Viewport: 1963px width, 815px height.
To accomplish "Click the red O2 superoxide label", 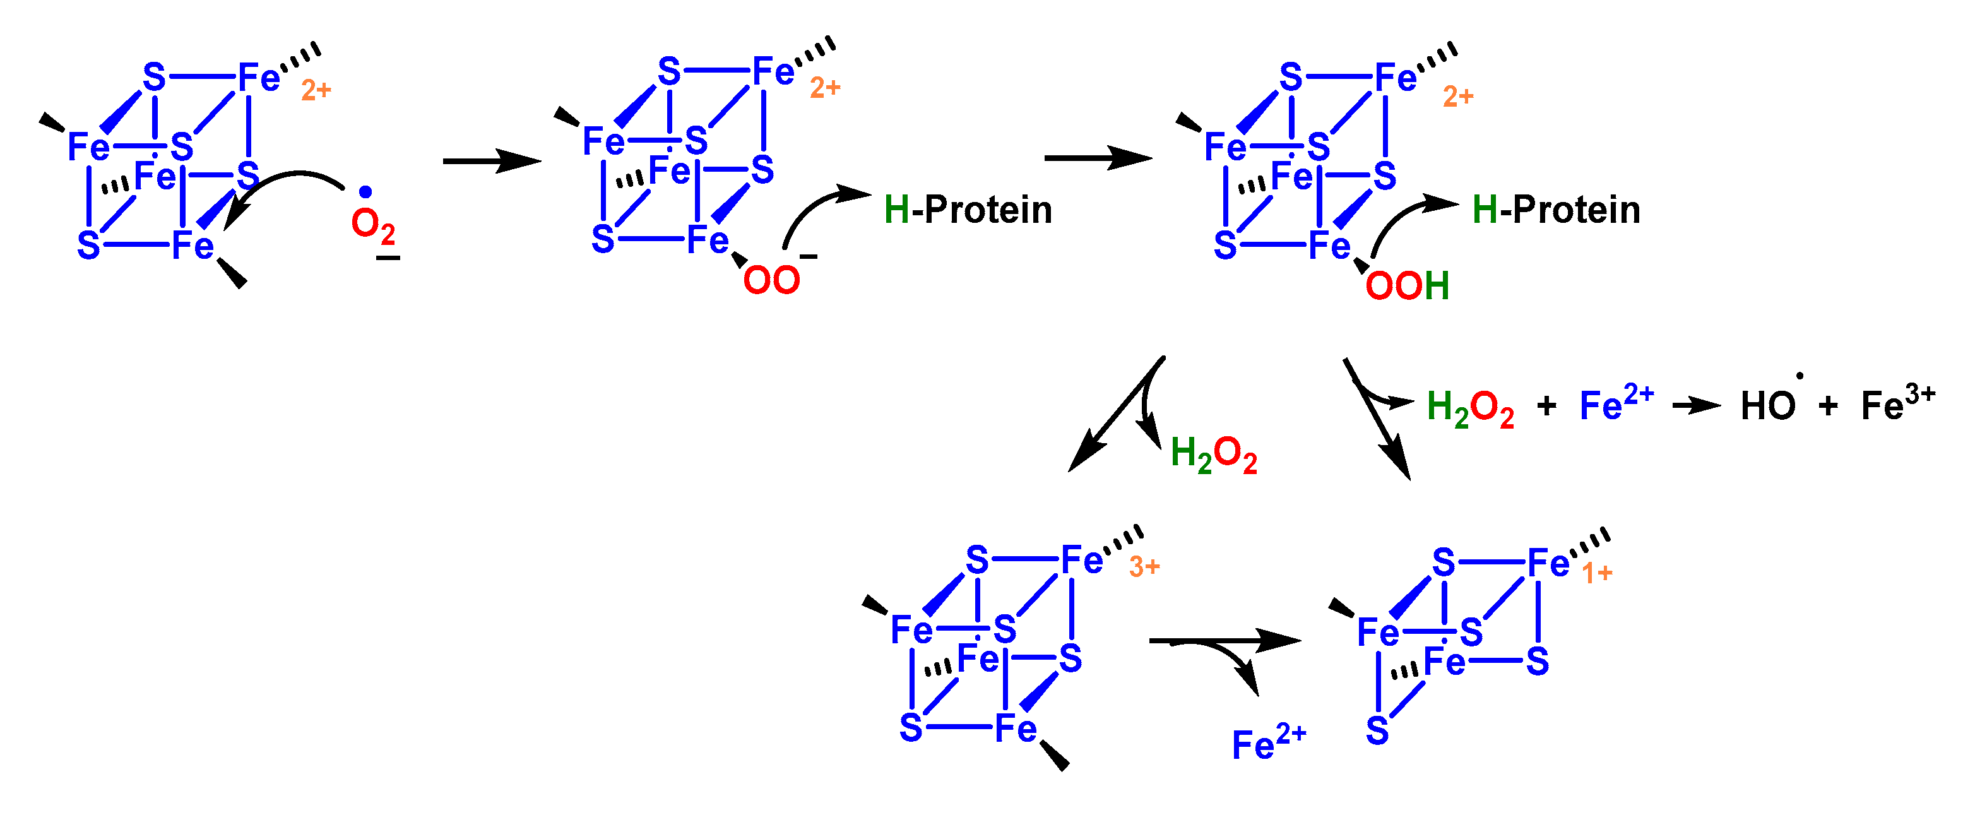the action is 372,225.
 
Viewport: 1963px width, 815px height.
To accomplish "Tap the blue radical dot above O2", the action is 366,192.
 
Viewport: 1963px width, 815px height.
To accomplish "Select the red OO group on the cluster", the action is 771,280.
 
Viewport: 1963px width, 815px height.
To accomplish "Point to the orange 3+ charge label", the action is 1144,566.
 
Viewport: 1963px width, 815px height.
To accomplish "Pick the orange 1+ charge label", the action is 1596,573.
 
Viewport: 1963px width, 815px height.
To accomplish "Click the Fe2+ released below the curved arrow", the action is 1269,742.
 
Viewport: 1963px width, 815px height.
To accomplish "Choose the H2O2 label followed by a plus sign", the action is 1470,407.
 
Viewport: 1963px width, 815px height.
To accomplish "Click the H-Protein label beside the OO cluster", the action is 968,210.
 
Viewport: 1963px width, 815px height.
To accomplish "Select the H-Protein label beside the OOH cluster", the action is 1556,210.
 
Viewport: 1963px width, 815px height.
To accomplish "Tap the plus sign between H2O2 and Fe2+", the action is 1547,405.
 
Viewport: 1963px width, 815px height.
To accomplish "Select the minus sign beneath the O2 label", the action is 388,258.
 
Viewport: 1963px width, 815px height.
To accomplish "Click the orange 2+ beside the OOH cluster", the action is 1458,97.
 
